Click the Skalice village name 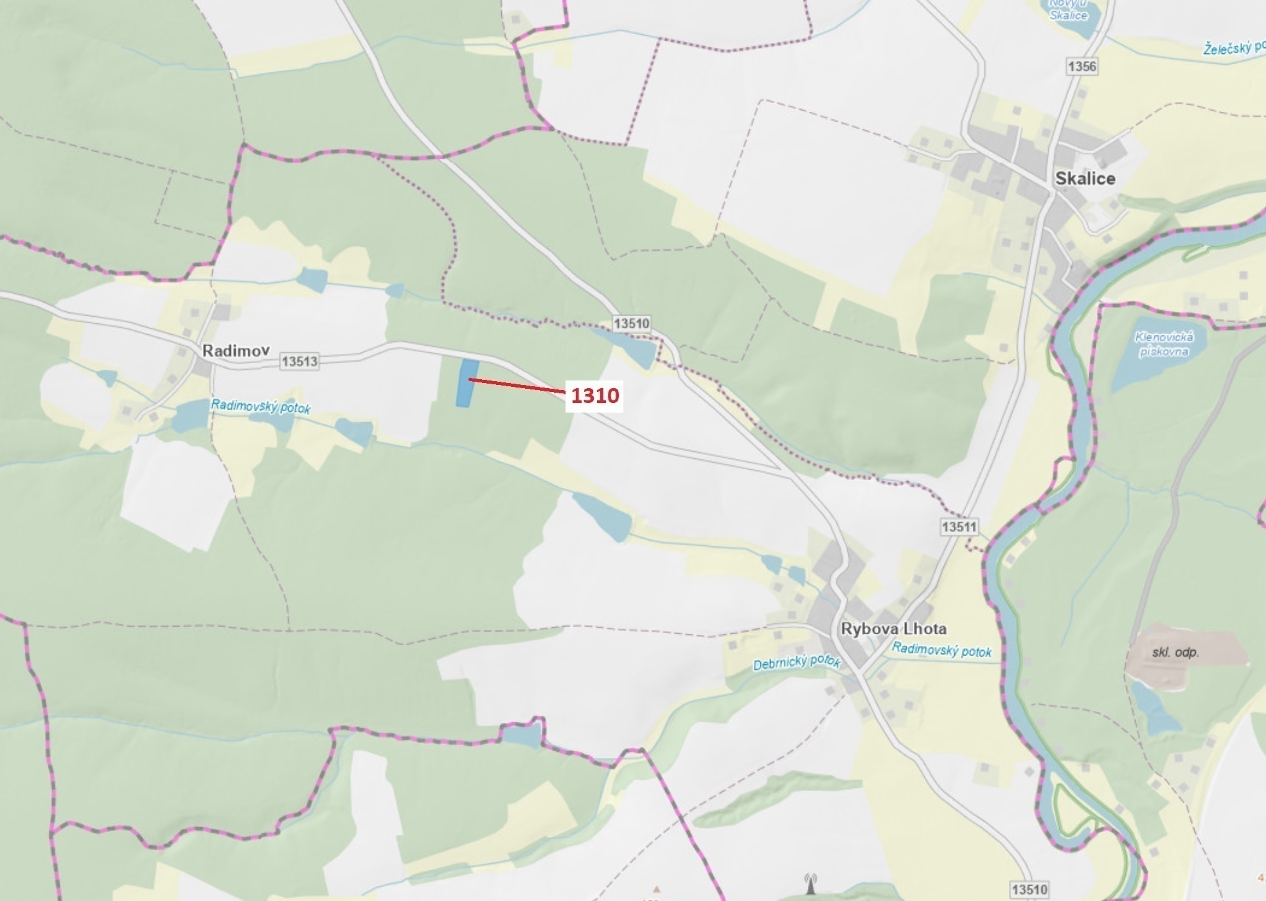click(1085, 179)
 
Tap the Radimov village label click(235, 350)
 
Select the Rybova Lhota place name click(893, 628)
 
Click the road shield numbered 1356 click(1082, 66)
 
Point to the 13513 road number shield click(299, 361)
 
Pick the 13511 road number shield click(959, 527)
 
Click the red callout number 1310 click(594, 395)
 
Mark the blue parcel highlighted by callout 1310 click(467, 383)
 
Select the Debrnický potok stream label click(796, 662)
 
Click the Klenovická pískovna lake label click(1164, 344)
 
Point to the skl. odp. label click(1175, 652)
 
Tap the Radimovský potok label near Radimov click(260, 407)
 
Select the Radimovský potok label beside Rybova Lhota click(941, 650)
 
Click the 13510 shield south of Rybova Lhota click(1029, 889)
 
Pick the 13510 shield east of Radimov click(631, 323)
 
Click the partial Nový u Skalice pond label click(1068, 10)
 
